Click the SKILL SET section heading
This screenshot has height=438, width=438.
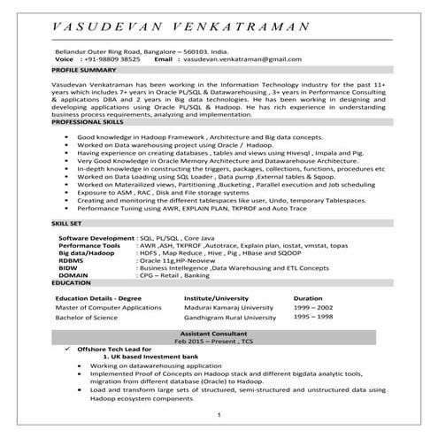[69, 227]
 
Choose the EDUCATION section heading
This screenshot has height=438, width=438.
[71, 282]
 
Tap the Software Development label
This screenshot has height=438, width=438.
[96, 239]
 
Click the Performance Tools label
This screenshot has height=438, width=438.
[89, 246]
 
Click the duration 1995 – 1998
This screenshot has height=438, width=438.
[314, 316]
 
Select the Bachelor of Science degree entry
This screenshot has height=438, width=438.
[88, 316]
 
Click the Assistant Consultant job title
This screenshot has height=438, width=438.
[218, 332]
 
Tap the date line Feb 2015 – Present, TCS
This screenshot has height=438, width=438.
[218, 341]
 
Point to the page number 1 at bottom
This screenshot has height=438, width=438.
[218, 414]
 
